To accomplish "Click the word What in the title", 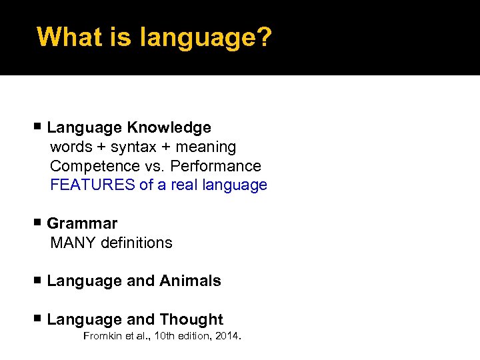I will tap(66, 37).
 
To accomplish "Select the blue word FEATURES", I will tap(93, 185).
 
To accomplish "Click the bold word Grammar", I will tap(82, 224).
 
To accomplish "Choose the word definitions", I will tap(137, 243).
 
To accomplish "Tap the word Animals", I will tap(190, 281).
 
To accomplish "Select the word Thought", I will tap(191, 320).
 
